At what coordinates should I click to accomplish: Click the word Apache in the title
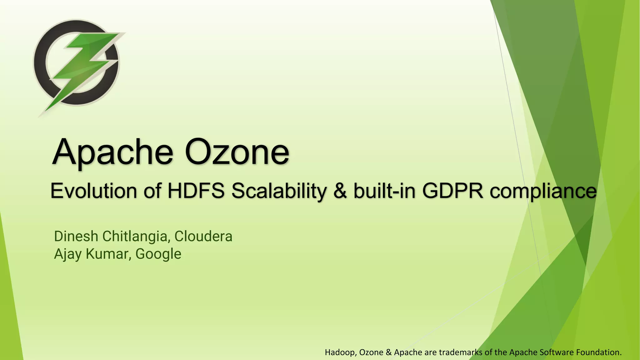112,153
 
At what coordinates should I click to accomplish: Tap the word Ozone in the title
237,153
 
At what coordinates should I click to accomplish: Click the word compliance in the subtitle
543,191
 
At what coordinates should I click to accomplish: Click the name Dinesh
76,236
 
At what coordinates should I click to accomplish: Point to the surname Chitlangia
136,237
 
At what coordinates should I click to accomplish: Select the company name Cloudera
203,236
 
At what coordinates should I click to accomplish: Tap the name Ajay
68,254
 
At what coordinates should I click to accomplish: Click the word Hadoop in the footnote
341,352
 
